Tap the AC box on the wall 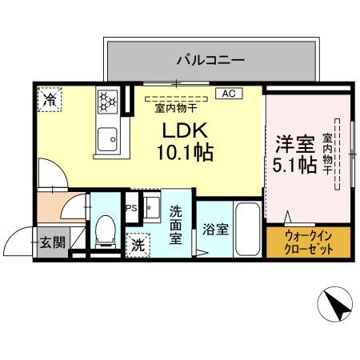pos(228,94)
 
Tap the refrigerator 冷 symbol pos(50,101)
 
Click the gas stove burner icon pos(108,101)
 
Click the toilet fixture pos(104,230)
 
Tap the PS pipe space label pos(130,207)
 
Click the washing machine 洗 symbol pos(138,244)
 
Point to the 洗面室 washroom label pos(176,227)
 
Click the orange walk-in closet pos(307,241)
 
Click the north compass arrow pos(335,306)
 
